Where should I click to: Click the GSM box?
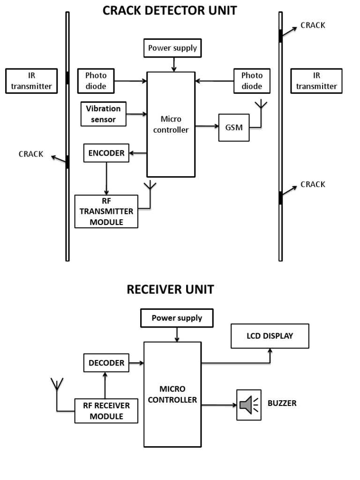pyautogui.click(x=234, y=127)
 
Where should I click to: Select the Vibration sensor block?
pyautogui.click(x=103, y=114)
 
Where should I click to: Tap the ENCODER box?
pyautogui.click(x=106, y=153)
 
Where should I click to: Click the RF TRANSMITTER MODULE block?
pyautogui.click(x=106, y=211)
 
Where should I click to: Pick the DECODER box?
pyautogui.click(x=106, y=363)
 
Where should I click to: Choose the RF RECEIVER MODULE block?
pyautogui.click(x=106, y=411)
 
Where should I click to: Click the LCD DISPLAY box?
pyautogui.click(x=270, y=336)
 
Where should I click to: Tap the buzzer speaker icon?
pyautogui.click(x=248, y=405)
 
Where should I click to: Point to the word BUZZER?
pyautogui.click(x=282, y=403)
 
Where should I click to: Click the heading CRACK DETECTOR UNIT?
pyautogui.click(x=170, y=10)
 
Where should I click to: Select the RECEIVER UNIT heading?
pyautogui.click(x=170, y=289)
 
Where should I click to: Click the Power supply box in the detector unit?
pyautogui.click(x=172, y=48)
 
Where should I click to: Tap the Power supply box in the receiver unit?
pyautogui.click(x=177, y=318)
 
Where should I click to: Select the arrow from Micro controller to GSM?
pyautogui.click(x=207, y=126)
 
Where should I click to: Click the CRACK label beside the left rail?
pyautogui.click(x=31, y=154)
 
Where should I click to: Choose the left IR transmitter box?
pyautogui.click(x=31, y=81)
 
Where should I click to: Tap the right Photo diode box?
pyautogui.click(x=252, y=81)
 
